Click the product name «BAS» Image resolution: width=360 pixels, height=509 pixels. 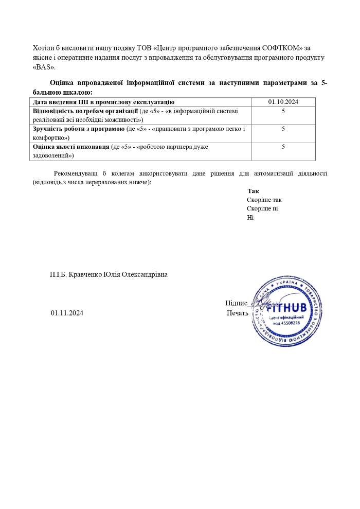pyautogui.click(x=44, y=67)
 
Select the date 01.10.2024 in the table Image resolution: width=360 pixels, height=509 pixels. pyautogui.click(x=283, y=102)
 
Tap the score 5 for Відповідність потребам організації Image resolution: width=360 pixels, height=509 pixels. pyautogui.click(x=283, y=111)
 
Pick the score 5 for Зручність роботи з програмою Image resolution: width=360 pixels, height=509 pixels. pyautogui.click(x=283, y=129)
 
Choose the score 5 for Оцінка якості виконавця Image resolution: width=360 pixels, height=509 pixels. pyautogui.click(x=283, y=147)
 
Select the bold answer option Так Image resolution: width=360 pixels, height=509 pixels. pyautogui.click(x=253, y=191)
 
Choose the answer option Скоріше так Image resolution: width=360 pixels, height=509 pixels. pyautogui.click(x=264, y=200)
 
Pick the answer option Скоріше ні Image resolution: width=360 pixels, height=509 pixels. pyautogui.click(x=262, y=208)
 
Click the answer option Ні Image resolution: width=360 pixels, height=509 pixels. pyautogui.click(x=250, y=217)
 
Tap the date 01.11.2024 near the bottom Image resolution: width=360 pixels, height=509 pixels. pyautogui.click(x=67, y=312)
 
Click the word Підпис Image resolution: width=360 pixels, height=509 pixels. pyautogui.click(x=236, y=303)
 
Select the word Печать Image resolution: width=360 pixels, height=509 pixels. pyautogui.click(x=238, y=312)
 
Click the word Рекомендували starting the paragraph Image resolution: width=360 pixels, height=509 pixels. pyautogui.click(x=76, y=173)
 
